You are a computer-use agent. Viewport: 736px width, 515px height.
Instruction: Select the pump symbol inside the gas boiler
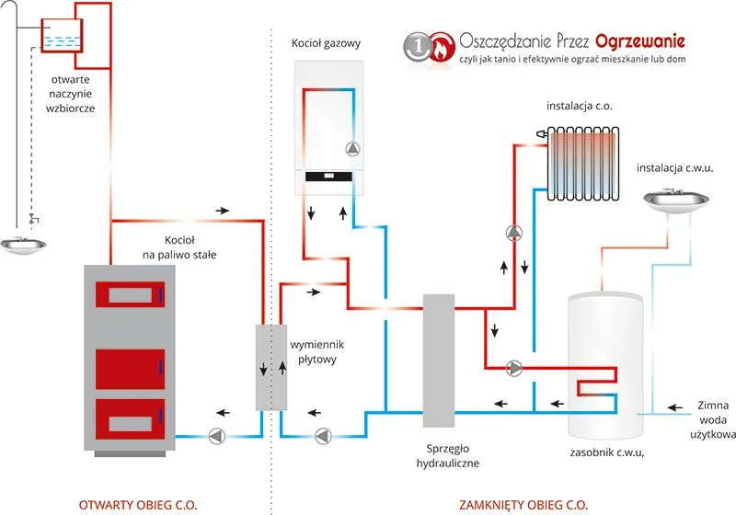point(353,148)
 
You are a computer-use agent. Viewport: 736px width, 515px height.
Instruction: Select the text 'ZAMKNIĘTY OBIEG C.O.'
point(523,504)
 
